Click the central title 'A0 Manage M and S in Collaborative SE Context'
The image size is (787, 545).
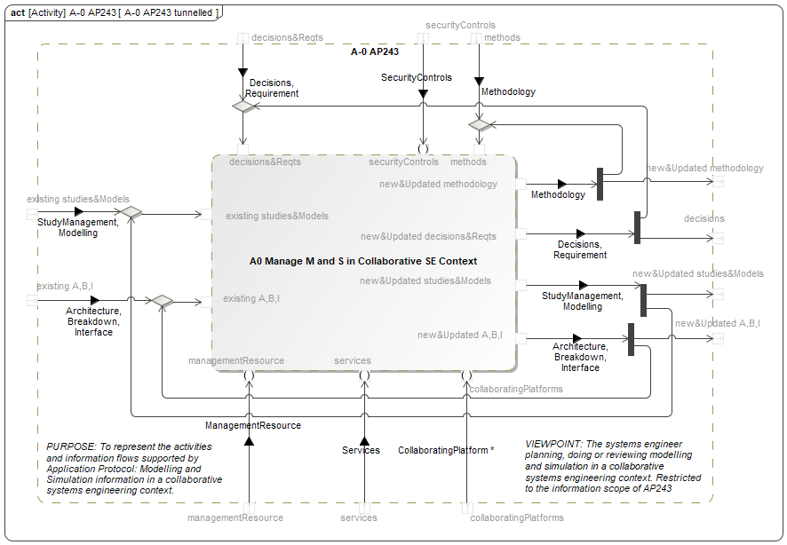363,261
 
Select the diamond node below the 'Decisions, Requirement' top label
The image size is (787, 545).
243,107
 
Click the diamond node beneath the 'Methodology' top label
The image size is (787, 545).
480,125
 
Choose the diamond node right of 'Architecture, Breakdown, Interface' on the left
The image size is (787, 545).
161,301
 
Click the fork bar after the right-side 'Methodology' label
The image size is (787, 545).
600,184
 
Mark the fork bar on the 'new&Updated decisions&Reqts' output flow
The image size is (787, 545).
638,227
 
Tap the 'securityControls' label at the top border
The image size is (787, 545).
460,26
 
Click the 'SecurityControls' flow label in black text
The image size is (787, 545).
417,78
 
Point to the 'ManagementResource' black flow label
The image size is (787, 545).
253,426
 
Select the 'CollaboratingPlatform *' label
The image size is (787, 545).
446,450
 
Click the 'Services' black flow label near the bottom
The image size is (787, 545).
361,450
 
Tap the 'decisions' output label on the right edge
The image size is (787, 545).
704,218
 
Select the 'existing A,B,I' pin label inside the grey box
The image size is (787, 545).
251,298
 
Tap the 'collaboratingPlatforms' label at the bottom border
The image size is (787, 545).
517,517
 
